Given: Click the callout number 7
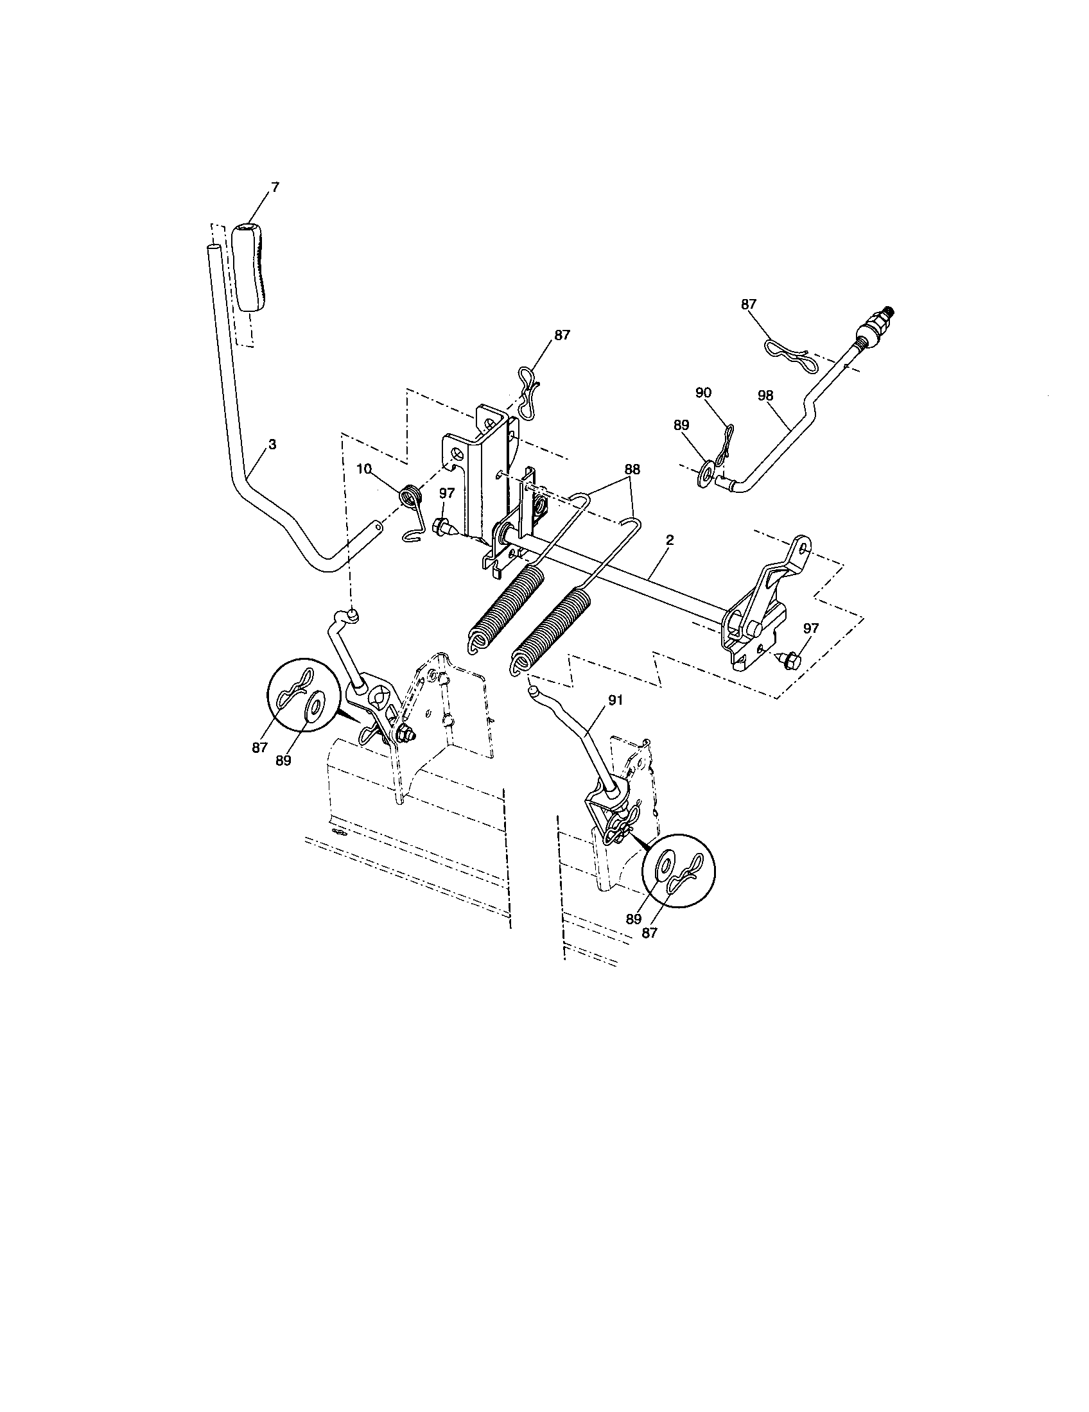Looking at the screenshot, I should coord(275,187).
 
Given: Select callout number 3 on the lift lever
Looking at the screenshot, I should coord(272,445).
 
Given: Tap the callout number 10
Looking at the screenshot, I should coord(364,469).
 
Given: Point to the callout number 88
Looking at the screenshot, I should coord(631,470).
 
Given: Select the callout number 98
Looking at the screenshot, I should coord(765,395).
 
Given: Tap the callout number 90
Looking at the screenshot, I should coord(703,392).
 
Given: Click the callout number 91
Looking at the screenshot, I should coord(615,700).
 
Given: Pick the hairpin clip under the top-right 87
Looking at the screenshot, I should coord(787,352).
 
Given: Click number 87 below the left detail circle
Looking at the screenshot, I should coord(260,747).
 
